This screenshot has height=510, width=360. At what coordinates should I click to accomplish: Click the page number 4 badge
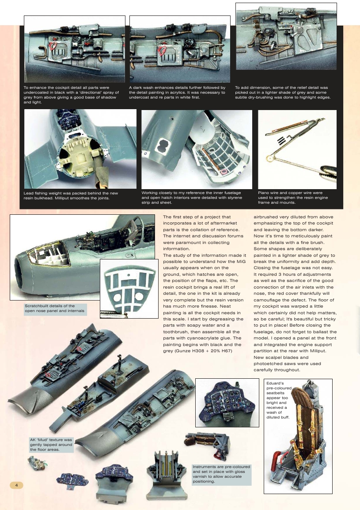[16, 485]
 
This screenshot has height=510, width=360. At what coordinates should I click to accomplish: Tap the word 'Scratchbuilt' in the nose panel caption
[37, 306]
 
